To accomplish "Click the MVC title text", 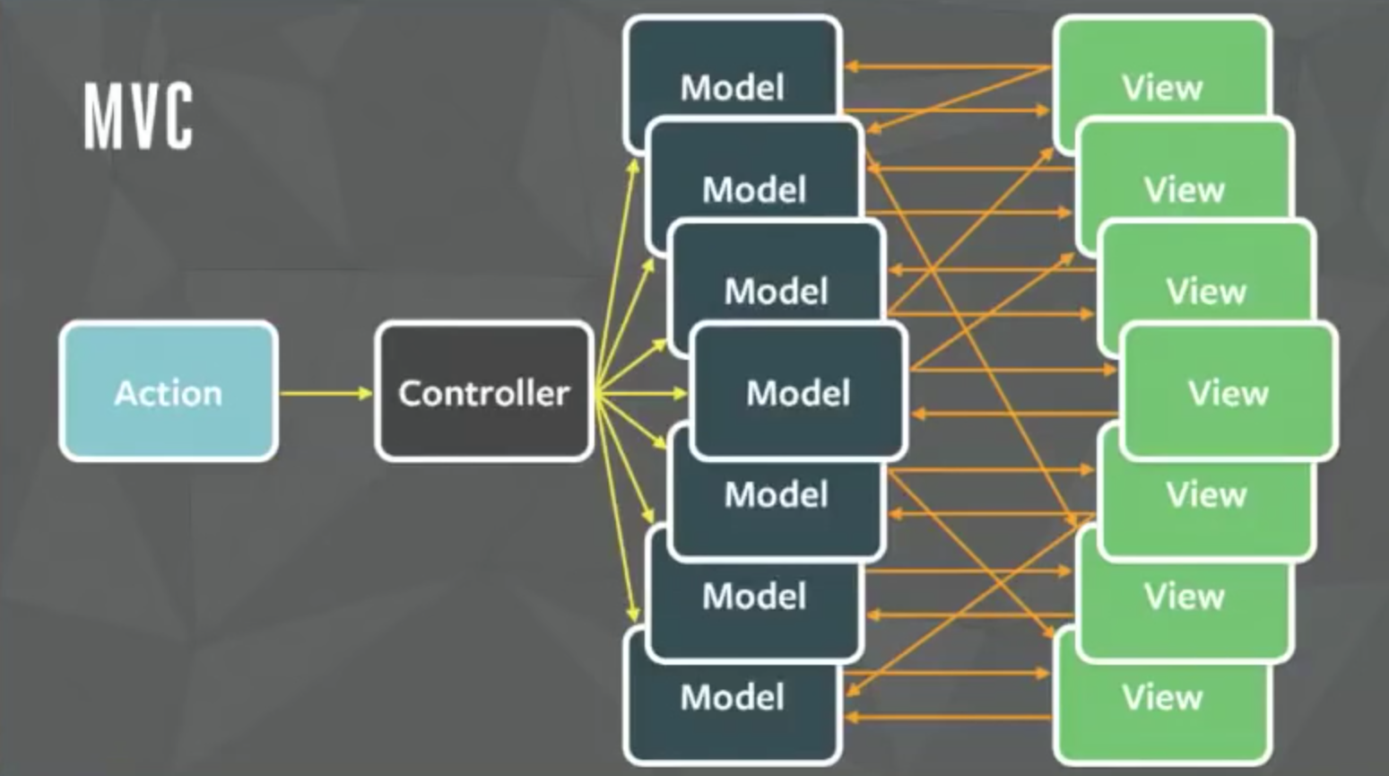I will (138, 117).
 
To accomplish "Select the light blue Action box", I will (169, 392).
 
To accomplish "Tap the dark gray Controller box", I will (484, 392).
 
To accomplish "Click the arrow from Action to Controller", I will (326, 393).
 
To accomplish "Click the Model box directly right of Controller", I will (798, 392).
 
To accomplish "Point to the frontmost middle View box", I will (1228, 392).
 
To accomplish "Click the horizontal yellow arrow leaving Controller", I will (641, 393).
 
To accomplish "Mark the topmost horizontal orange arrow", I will (947, 66).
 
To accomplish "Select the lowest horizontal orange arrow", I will (947, 717).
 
